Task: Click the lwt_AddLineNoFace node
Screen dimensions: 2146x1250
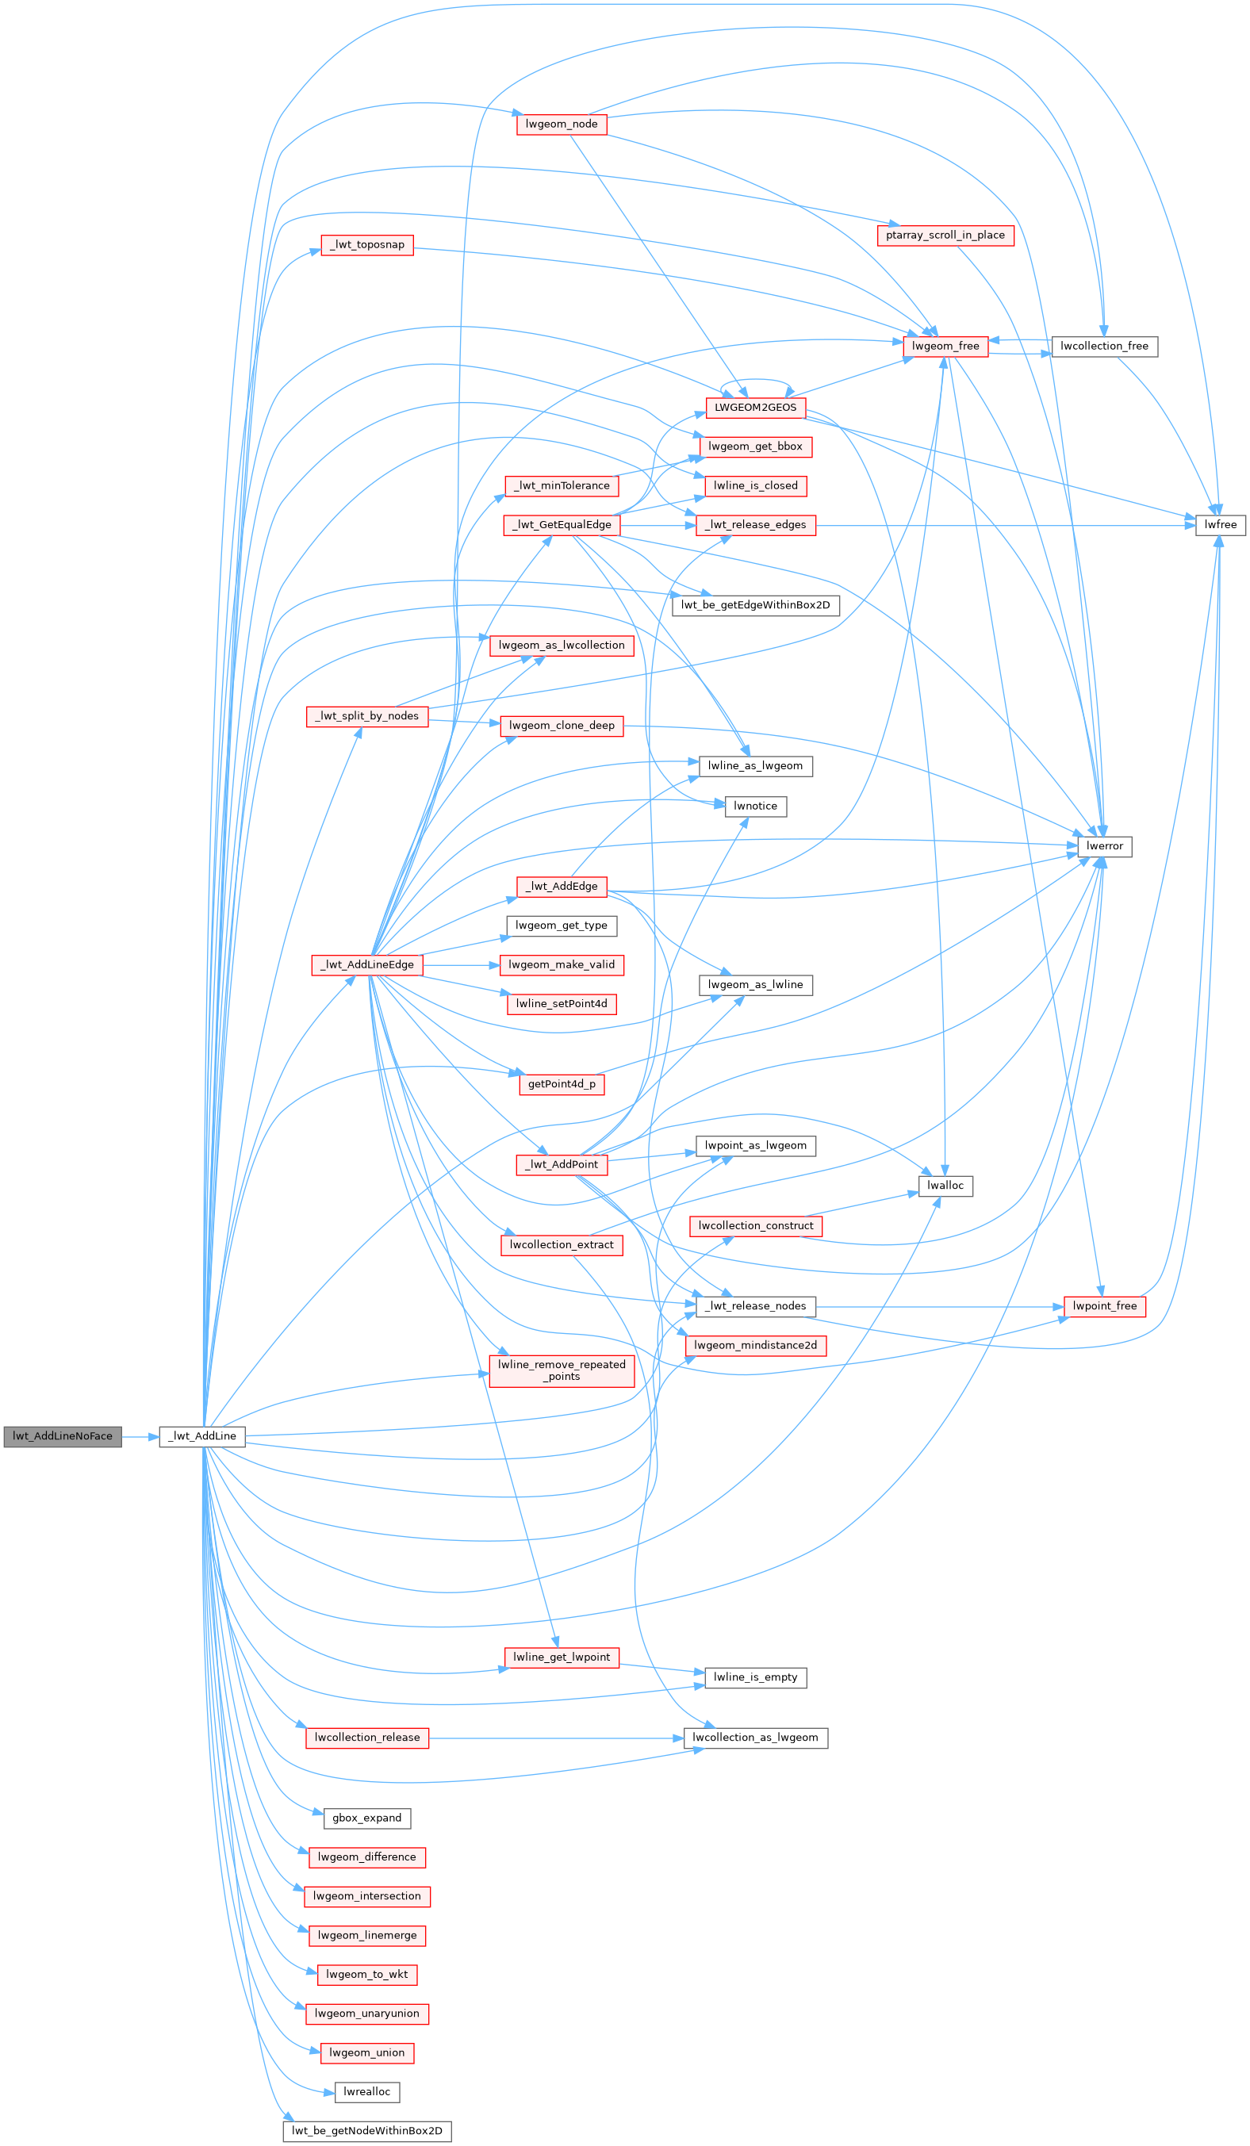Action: coord(62,1435)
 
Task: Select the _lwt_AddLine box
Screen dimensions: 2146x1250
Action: coord(201,1435)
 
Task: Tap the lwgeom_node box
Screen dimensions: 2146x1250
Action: coord(561,125)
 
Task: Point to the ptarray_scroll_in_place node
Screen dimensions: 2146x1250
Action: coord(945,235)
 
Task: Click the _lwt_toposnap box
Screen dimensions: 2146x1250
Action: coord(367,245)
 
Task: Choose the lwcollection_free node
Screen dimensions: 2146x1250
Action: coord(1103,347)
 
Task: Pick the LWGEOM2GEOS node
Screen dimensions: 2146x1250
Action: coord(755,408)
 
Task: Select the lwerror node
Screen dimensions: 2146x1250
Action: coord(1103,846)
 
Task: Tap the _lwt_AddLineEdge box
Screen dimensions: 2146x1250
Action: coord(367,965)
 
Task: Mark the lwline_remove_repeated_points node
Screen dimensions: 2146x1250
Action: coord(561,1370)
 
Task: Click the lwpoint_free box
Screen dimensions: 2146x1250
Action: coord(1103,1306)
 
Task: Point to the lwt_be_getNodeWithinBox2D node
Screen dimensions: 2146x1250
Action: coord(367,2131)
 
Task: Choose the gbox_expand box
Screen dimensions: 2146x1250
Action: coord(367,1818)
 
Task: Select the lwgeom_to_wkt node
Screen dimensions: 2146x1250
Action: coord(367,1974)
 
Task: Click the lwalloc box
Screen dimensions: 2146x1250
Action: coord(945,1186)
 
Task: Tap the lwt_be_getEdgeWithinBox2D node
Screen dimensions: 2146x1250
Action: coord(755,605)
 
